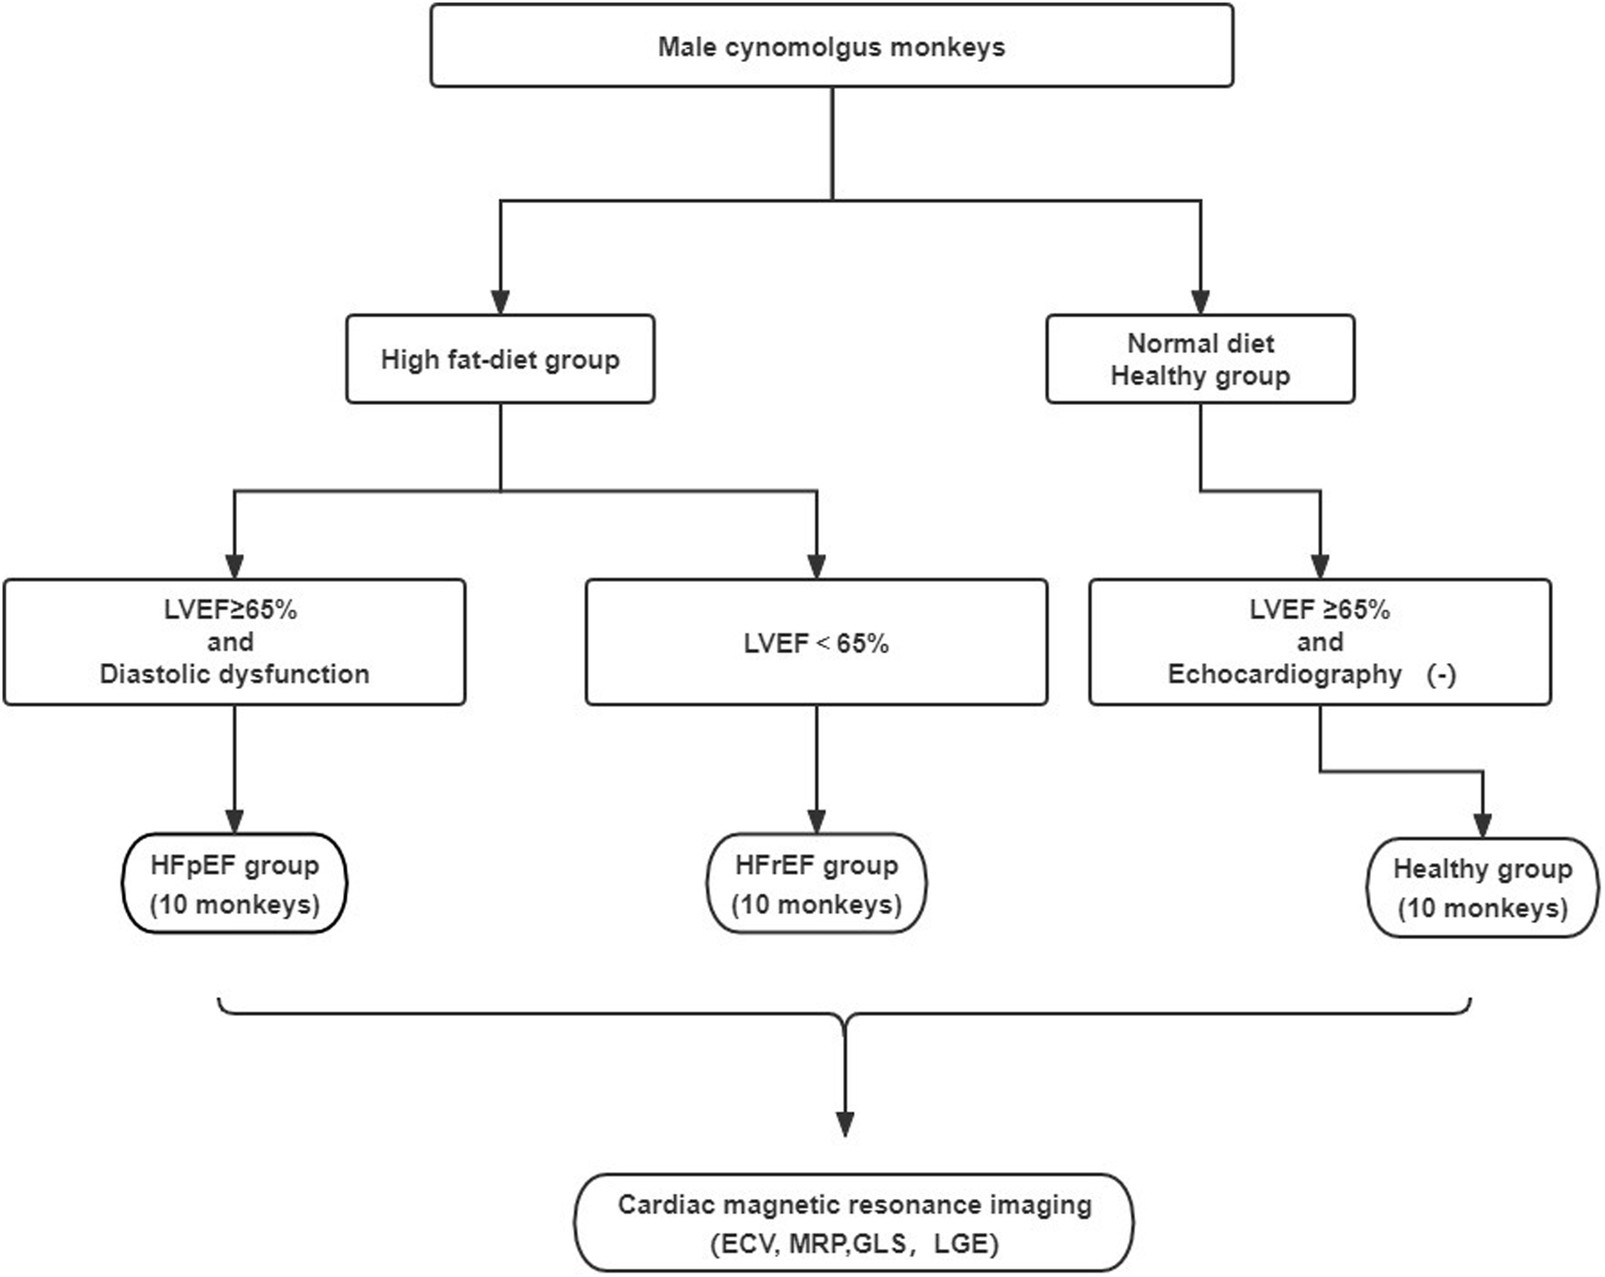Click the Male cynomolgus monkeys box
click(831, 46)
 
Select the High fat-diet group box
click(500, 359)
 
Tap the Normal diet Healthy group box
click(1200, 359)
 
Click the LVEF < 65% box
click(816, 642)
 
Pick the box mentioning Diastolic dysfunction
click(234, 642)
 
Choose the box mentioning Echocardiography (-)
click(1320, 642)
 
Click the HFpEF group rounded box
click(234, 884)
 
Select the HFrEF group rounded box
click(816, 884)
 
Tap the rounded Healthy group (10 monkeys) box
click(1482, 888)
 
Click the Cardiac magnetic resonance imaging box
click(854, 1223)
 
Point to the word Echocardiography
click(1284, 674)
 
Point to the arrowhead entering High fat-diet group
click(500, 302)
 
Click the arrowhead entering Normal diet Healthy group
click(1200, 302)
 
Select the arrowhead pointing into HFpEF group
click(234, 820)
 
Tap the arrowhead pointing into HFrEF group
click(816, 820)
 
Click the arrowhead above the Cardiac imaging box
click(845, 1124)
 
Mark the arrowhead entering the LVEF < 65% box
click(816, 566)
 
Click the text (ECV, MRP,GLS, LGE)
click(854, 1244)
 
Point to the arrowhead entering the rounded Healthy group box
click(1482, 825)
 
